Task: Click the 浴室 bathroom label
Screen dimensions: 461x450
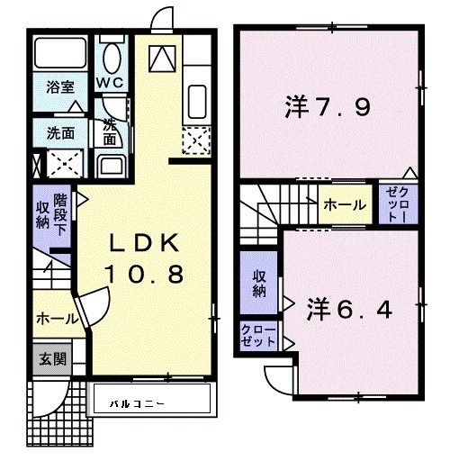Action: pos(60,87)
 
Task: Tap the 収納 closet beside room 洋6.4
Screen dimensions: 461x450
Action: pos(258,282)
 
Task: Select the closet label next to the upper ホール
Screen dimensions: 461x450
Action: pos(399,205)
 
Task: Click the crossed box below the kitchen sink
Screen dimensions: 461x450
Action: pos(196,140)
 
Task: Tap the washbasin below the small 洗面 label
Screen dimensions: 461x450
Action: pos(111,166)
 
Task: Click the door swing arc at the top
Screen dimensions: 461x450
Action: pos(161,20)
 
